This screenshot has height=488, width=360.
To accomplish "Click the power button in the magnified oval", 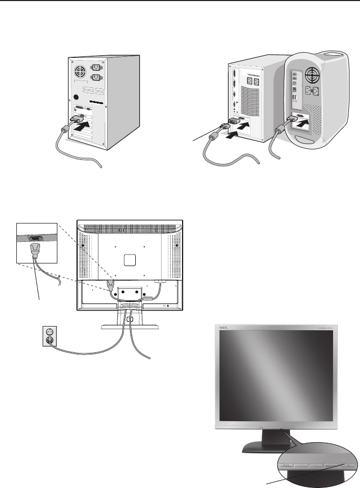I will tap(347, 465).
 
